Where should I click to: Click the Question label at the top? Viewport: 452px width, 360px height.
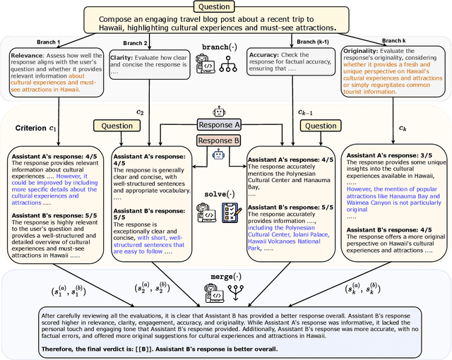tap(226, 7)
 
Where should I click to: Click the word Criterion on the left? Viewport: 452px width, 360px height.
tap(30, 128)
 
